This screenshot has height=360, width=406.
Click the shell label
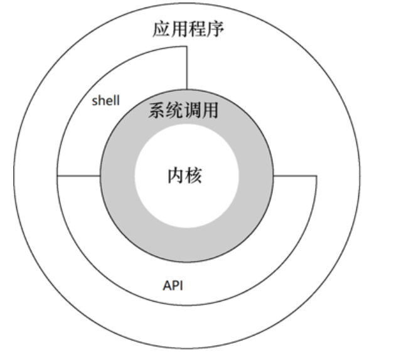pos(105,100)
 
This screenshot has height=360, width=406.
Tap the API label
pos(173,285)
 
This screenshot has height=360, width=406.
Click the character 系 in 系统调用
pos(158,111)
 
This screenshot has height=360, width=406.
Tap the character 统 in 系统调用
pos(175,111)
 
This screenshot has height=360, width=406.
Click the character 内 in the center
pos(176,176)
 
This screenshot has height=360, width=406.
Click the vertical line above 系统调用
pos(187,69)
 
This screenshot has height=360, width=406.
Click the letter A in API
pos(167,285)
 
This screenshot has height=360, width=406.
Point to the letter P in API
pos(174,285)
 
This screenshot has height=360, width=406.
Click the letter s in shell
pos(94,101)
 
